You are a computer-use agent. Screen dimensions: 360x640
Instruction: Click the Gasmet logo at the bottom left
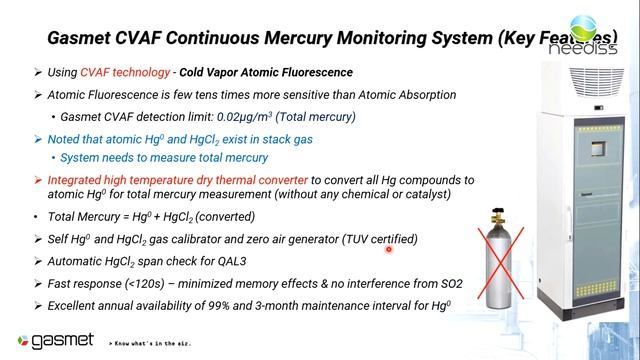(x=50, y=340)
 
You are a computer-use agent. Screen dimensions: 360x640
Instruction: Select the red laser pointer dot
(x=387, y=249)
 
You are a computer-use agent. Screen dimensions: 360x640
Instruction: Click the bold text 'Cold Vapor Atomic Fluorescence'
(x=266, y=72)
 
